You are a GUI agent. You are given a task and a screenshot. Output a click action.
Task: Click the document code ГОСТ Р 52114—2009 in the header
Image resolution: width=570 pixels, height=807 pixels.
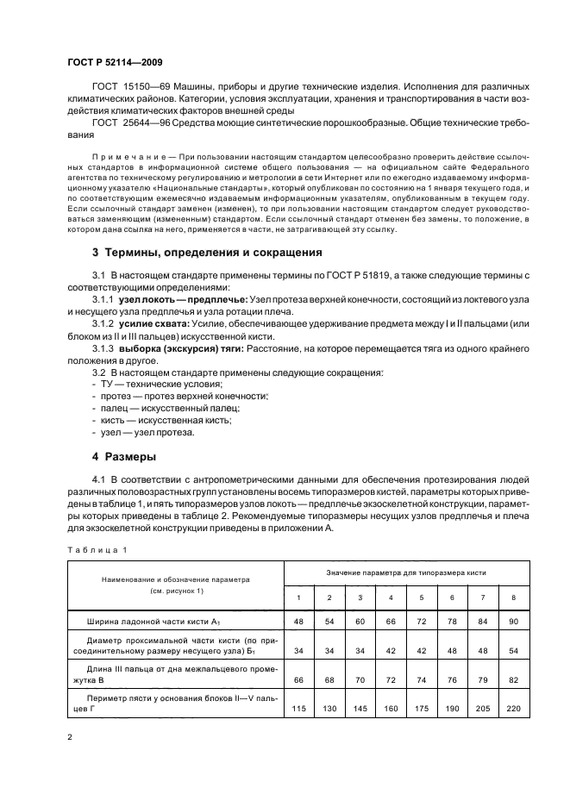click(x=113, y=63)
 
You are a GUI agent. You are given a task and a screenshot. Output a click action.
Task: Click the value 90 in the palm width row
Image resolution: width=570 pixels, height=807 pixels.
click(x=515, y=621)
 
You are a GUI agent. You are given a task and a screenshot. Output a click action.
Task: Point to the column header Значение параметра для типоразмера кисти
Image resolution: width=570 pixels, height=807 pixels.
click(x=406, y=572)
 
